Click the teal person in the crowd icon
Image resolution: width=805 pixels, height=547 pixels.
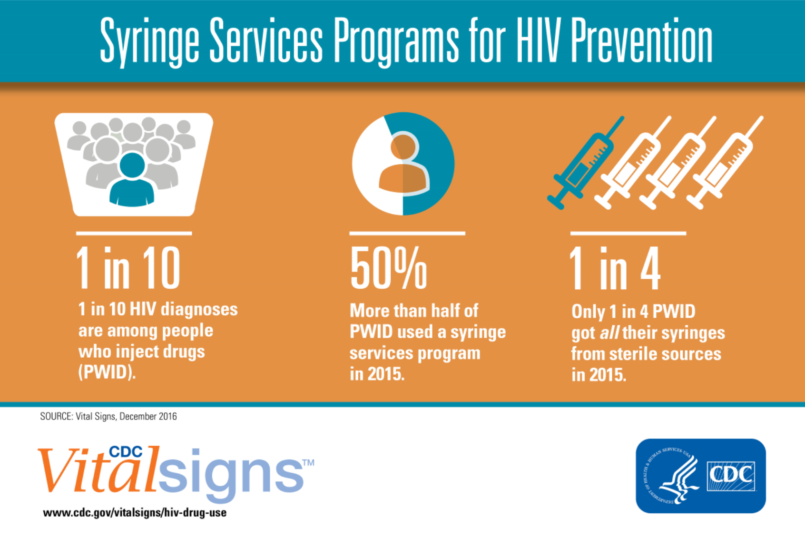(x=132, y=180)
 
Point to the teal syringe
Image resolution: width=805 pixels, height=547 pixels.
(x=585, y=163)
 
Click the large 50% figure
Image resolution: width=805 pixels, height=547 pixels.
(x=389, y=268)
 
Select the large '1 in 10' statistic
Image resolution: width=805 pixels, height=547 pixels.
(x=128, y=268)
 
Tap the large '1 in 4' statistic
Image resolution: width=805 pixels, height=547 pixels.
(x=615, y=268)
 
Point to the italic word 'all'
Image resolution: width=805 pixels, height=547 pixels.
(x=609, y=333)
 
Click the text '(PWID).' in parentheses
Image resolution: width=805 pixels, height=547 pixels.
(x=107, y=372)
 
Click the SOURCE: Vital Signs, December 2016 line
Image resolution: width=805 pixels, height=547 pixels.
(x=108, y=417)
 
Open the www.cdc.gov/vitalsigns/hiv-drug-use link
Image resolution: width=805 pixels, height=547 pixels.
(x=135, y=512)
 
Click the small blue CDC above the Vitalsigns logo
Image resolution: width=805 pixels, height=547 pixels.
(x=126, y=452)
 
